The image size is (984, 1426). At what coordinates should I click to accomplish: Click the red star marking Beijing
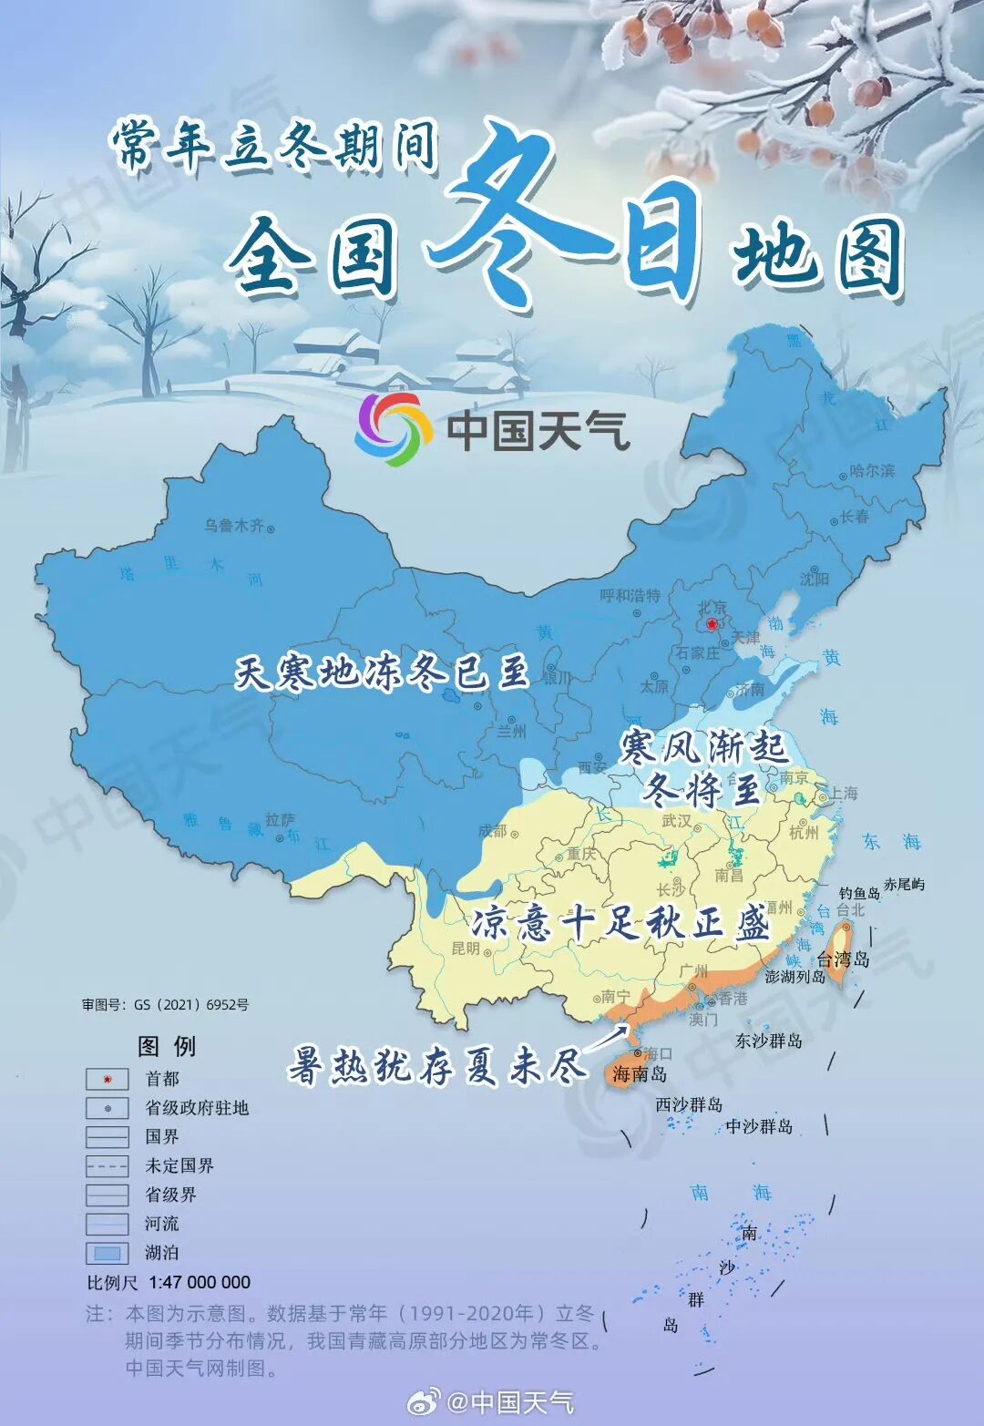pos(712,624)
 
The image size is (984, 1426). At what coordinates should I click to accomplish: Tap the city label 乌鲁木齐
pos(234,526)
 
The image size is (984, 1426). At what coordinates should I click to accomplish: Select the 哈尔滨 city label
pos(872,471)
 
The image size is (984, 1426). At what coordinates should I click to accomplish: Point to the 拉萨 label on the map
pos(280,820)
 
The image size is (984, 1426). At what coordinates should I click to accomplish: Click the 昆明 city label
pos(466,948)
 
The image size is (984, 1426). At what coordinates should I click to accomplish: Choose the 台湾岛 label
pos(843,959)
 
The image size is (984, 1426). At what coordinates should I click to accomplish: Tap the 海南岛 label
pos(640,1073)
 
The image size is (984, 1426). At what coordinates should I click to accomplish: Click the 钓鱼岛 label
pos(859,893)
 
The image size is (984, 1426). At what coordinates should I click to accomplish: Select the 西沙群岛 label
pos(689,1104)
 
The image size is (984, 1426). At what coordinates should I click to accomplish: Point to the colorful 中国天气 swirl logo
pos(393,429)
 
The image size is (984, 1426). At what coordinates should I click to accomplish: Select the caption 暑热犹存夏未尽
pos(436,1064)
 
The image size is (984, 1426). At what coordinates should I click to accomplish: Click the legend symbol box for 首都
pos(108,1079)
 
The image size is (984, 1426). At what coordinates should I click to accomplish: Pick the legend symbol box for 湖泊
pos(108,1253)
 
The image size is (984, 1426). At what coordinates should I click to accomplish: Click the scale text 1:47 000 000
pos(200,1282)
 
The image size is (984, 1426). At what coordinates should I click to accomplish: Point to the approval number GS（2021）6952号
pos(190,1004)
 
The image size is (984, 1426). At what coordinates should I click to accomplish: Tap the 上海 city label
pos(843,793)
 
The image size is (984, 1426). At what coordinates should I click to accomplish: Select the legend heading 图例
pos(167,1046)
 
